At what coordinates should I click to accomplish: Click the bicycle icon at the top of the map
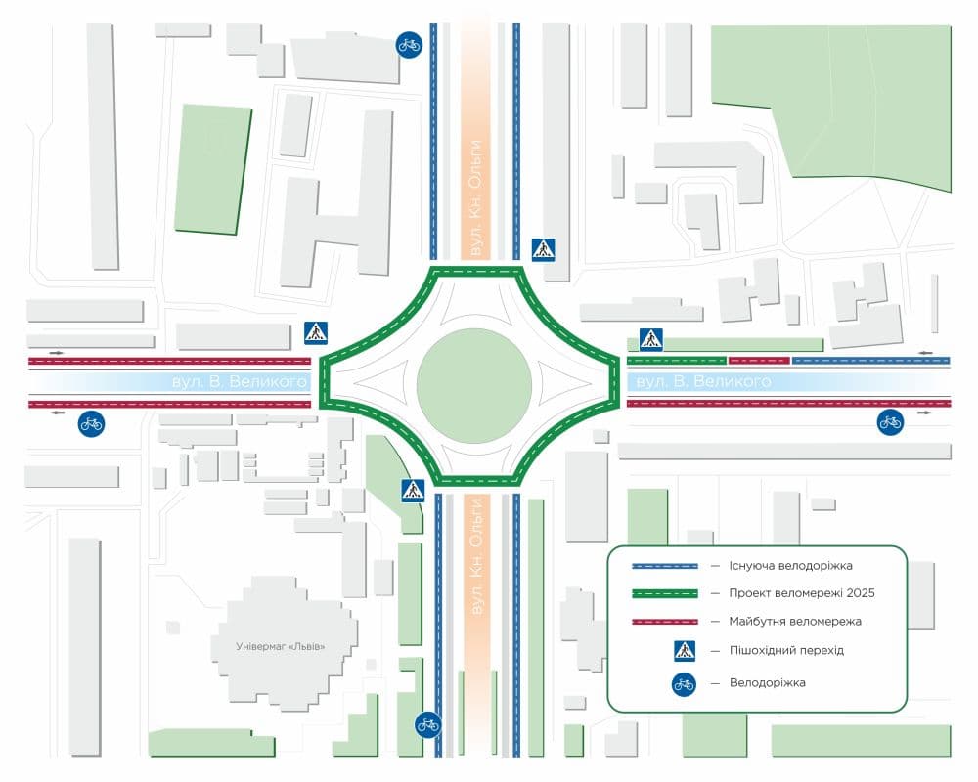[409, 44]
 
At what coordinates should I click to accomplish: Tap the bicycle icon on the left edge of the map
[91, 423]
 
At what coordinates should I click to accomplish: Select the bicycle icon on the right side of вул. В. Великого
[890, 422]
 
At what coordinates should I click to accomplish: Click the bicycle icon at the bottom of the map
[427, 724]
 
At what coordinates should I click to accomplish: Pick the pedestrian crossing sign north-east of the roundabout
[543, 249]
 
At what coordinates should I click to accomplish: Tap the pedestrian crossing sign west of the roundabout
[316, 332]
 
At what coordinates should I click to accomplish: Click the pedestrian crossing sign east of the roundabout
[651, 339]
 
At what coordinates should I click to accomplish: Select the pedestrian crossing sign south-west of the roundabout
[413, 491]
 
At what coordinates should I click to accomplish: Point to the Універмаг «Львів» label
[280, 647]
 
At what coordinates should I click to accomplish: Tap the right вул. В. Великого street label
[703, 381]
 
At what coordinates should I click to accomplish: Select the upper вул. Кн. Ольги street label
[475, 198]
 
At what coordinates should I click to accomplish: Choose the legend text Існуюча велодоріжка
[790, 566]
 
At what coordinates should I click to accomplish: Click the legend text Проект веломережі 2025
[801, 593]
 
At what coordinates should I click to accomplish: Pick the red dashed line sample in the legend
[664, 621]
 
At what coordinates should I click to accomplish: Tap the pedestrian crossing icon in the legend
[684, 650]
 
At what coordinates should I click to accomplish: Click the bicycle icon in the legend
[684, 683]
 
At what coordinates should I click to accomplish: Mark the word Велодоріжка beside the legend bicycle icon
[768, 683]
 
